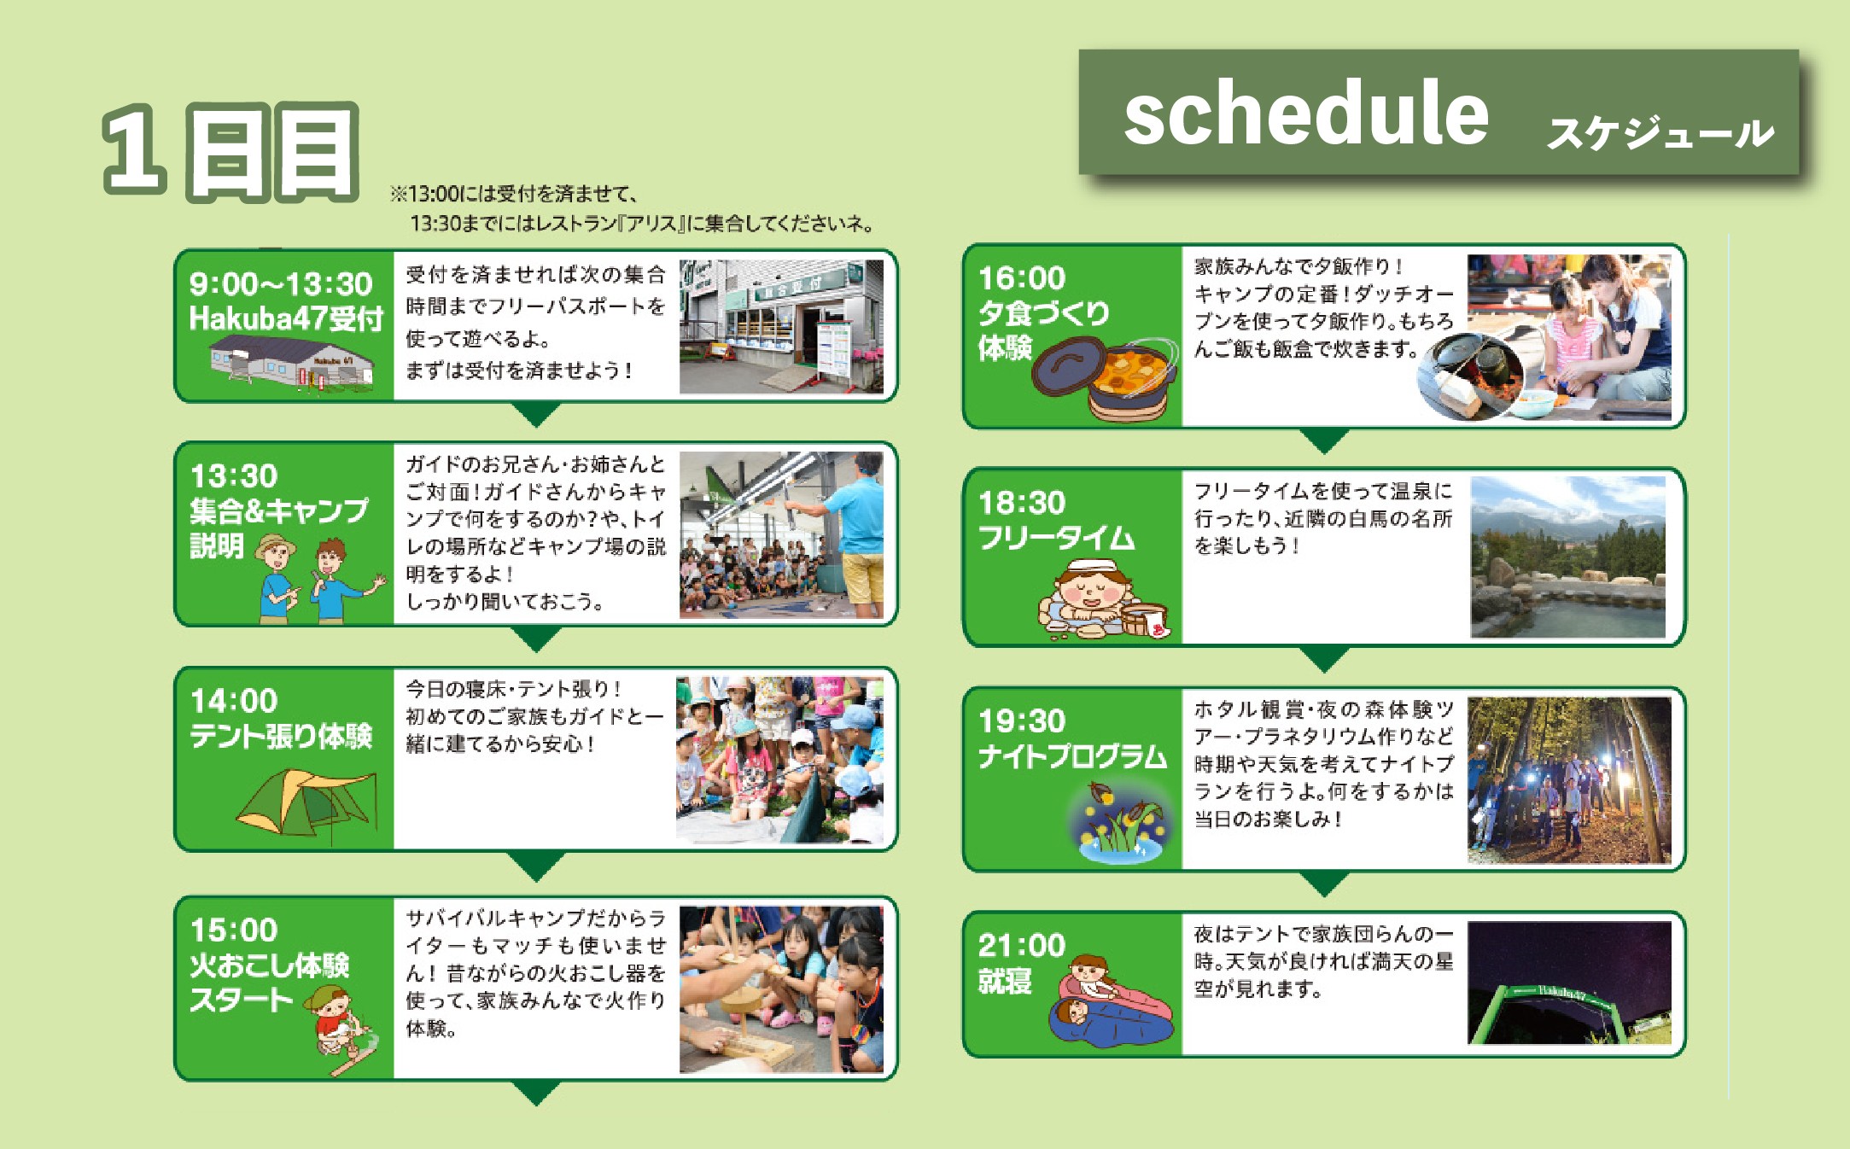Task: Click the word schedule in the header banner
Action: (x=1306, y=114)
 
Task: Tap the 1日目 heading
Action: (x=231, y=152)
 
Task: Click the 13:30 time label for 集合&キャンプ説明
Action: (x=233, y=475)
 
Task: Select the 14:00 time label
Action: (x=233, y=701)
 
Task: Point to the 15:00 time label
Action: (x=233, y=930)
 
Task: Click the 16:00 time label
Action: (x=1021, y=278)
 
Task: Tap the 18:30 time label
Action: (x=1021, y=503)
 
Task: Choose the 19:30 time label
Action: (x=1021, y=721)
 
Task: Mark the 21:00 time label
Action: (x=1021, y=946)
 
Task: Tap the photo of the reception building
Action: (x=781, y=327)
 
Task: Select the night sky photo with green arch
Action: (x=1569, y=983)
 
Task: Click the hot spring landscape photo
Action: (x=1568, y=557)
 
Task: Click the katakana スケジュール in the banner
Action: (x=1660, y=133)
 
